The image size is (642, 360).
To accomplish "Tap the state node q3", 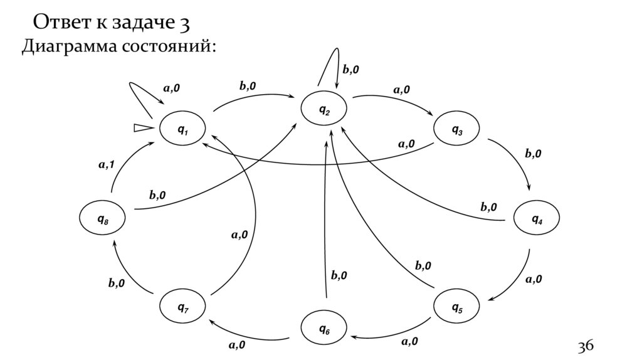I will pyautogui.click(x=457, y=130).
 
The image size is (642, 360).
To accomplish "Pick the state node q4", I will pyautogui.click(x=537, y=219).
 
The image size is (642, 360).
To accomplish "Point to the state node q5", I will pyautogui.click(x=457, y=307).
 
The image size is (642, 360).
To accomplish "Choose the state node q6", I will pyautogui.click(x=324, y=328).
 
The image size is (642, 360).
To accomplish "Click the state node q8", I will pyautogui.click(x=102, y=219).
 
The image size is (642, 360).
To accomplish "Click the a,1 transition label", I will pyautogui.click(x=106, y=165).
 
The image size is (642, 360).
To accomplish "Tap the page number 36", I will pyautogui.click(x=585, y=346).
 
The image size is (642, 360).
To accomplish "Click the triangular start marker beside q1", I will pyautogui.click(x=142, y=128).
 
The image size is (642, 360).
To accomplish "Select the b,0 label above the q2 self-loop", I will pyautogui.click(x=350, y=70).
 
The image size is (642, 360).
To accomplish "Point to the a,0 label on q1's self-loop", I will pyautogui.click(x=171, y=88).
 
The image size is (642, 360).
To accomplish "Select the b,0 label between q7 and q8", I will pyautogui.click(x=116, y=283).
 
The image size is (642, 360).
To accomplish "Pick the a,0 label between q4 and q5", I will pyautogui.click(x=534, y=279).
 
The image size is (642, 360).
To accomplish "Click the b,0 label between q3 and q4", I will pyautogui.click(x=534, y=153).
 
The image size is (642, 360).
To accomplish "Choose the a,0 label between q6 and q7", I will pyautogui.click(x=236, y=344).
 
